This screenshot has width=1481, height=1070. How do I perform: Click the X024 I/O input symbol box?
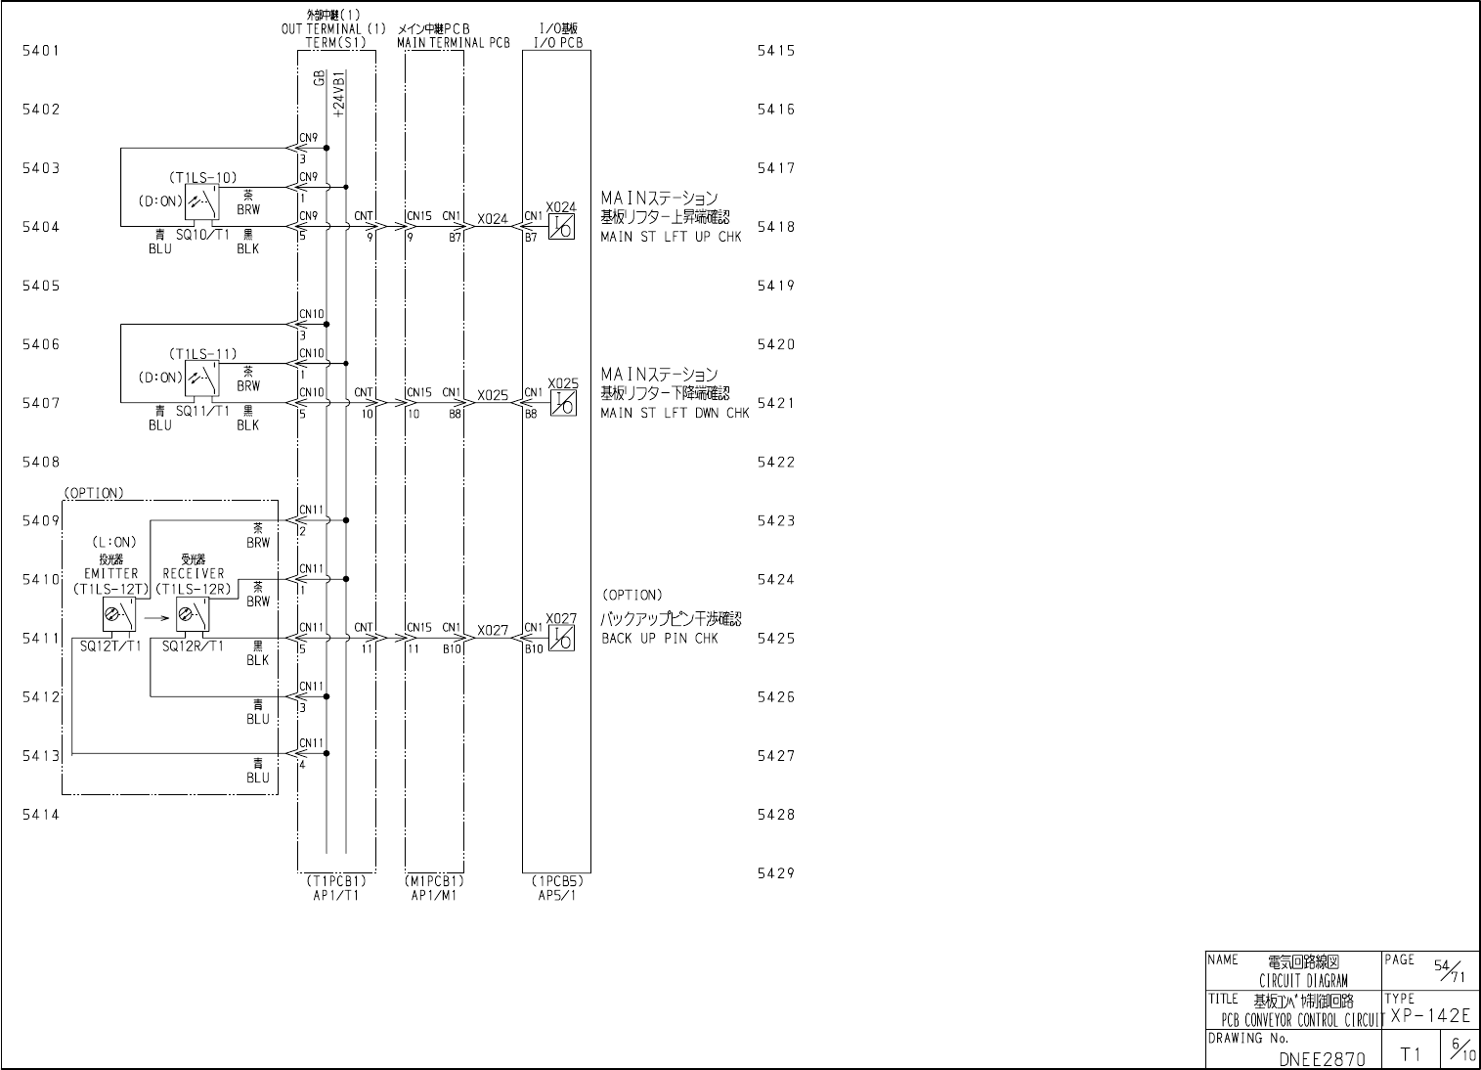(x=562, y=227)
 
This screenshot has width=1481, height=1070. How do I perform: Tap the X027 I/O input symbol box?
(x=562, y=638)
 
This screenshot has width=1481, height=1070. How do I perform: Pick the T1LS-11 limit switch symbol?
(x=202, y=378)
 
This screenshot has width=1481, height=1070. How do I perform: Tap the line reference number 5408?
(x=41, y=462)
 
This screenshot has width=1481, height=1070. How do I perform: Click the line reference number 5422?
(x=776, y=462)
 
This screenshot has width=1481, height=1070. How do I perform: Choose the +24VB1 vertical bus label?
(x=338, y=95)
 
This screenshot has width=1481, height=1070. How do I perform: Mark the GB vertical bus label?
(x=320, y=78)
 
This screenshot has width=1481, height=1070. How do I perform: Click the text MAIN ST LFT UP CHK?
(x=671, y=237)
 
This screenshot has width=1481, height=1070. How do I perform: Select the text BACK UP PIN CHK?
(x=660, y=639)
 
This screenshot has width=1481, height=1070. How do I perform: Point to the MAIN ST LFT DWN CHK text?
(x=675, y=413)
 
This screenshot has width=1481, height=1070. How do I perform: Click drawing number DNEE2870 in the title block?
(x=1322, y=1057)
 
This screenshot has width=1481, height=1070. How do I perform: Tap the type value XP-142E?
(x=1429, y=1016)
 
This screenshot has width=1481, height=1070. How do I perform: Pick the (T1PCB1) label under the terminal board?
(x=336, y=880)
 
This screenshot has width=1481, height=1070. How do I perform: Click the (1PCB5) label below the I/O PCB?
(x=556, y=880)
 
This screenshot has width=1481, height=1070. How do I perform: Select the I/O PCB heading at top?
(x=558, y=43)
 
